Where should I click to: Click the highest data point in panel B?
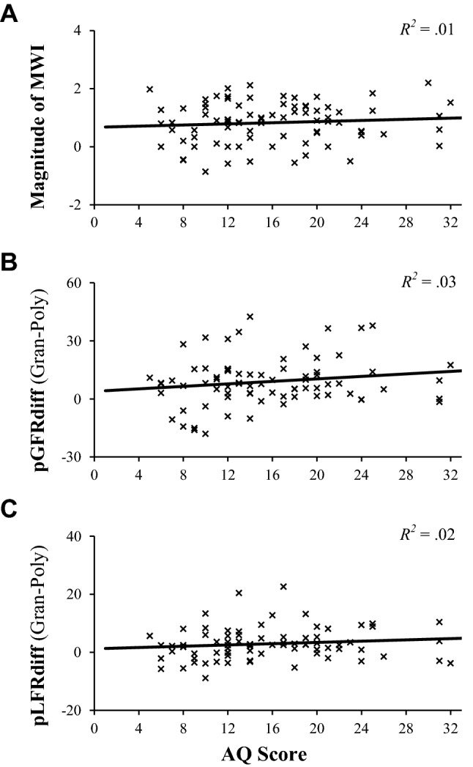click(250, 316)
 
